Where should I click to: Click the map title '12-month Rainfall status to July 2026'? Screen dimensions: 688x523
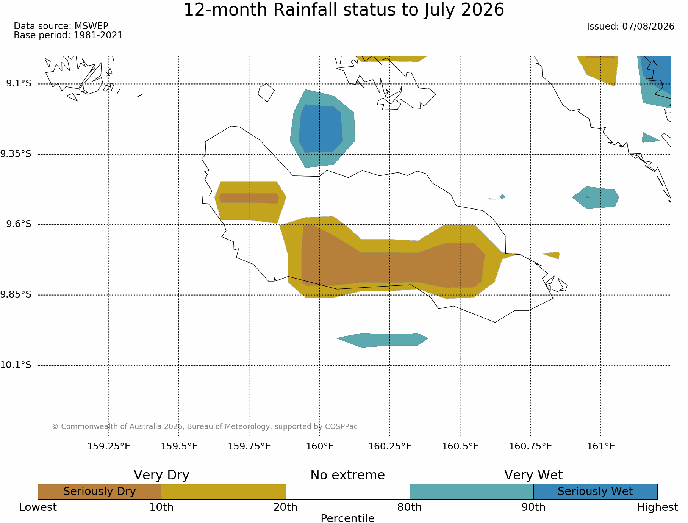pyautogui.click(x=344, y=10)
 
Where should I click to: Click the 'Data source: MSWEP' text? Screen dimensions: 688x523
pyautogui.click(x=61, y=26)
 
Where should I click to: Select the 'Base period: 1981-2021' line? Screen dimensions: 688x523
pyautogui.click(x=68, y=35)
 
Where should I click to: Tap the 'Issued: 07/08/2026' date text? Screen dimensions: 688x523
pyautogui.click(x=630, y=27)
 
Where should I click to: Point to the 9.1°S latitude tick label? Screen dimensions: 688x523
pyautogui.click(x=19, y=83)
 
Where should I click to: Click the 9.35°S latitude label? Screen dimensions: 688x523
pyautogui.click(x=16, y=154)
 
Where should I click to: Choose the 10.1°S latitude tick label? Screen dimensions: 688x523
pyautogui.click(x=16, y=365)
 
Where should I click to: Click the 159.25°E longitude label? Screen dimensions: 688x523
pyautogui.click(x=109, y=446)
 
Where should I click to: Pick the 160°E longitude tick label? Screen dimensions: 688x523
pyautogui.click(x=320, y=446)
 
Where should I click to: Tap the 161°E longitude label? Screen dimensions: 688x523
pyautogui.click(x=601, y=446)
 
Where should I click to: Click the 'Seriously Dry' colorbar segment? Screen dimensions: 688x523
pyautogui.click(x=100, y=492)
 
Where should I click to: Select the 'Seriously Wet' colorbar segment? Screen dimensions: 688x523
pyautogui.click(x=595, y=492)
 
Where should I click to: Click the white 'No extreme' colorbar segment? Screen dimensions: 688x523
pyautogui.click(x=348, y=492)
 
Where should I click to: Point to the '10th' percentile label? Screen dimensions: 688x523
pyautogui.click(x=162, y=507)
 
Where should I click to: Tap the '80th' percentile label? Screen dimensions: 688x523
pyautogui.click(x=410, y=507)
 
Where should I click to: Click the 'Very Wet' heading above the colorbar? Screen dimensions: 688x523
pyautogui.click(x=533, y=475)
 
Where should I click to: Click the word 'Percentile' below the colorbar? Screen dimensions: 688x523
pyautogui.click(x=347, y=518)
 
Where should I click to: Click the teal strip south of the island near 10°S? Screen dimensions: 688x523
pyautogui.click(x=382, y=340)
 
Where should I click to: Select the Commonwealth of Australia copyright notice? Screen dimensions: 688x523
pyautogui.click(x=205, y=427)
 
